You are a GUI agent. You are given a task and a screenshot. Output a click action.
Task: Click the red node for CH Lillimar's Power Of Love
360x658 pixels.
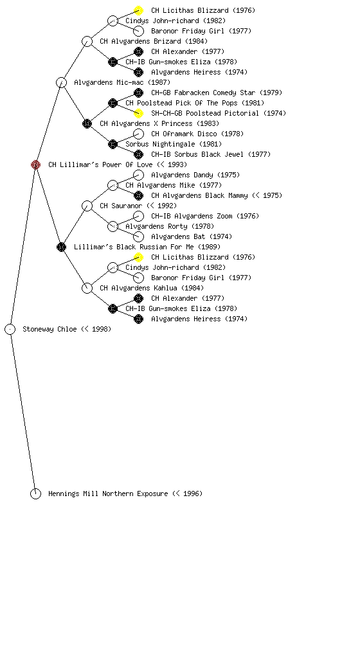click(x=35, y=164)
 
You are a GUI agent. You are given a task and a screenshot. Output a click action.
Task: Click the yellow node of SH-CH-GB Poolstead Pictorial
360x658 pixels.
click(x=138, y=113)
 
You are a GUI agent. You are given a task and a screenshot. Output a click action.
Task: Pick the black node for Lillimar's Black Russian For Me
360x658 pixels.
click(x=61, y=247)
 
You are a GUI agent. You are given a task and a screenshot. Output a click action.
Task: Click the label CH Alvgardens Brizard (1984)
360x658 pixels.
click(x=154, y=41)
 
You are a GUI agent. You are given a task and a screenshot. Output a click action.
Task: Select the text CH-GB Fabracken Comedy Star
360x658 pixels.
click(x=203, y=93)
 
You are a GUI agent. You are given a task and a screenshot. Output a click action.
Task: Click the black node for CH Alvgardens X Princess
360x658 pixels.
click(x=87, y=123)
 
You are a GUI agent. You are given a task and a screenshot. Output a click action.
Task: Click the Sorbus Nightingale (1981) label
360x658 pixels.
click(x=174, y=144)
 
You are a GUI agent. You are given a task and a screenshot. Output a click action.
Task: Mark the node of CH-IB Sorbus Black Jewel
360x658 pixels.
click(x=138, y=154)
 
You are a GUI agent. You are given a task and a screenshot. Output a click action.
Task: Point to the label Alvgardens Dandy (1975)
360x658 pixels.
click(x=195, y=175)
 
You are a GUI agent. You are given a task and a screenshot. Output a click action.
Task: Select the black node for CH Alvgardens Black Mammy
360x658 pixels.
click(x=138, y=195)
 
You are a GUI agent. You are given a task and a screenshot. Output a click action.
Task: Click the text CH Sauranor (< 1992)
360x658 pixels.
click(x=138, y=206)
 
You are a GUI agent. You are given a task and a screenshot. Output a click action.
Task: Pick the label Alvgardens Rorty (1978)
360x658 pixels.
click(x=170, y=226)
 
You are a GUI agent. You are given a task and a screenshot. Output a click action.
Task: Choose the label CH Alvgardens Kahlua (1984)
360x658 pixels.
click(x=152, y=288)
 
